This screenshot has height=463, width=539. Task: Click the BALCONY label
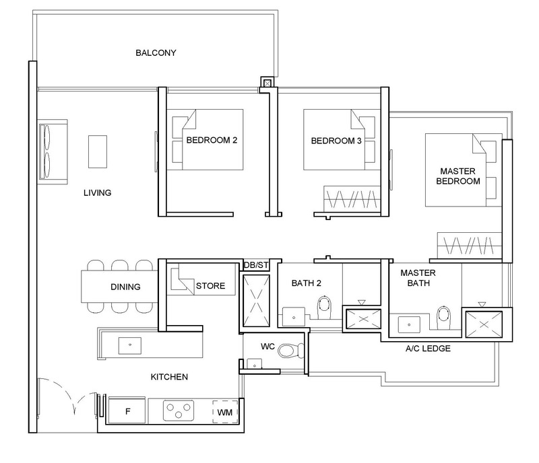[x=156, y=53]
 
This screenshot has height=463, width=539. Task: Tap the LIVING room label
[x=97, y=192]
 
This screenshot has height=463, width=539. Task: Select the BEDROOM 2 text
[x=212, y=140]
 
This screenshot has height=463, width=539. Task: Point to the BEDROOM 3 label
[x=336, y=141]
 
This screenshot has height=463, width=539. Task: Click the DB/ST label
[x=256, y=265]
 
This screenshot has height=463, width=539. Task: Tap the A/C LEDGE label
[x=428, y=349]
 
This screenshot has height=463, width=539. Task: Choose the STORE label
[x=210, y=286]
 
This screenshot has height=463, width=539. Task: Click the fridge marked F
[x=127, y=411]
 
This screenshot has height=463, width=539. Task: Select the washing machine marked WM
[x=225, y=412]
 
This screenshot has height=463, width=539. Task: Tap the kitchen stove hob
[x=179, y=410]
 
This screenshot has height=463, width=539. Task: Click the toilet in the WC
[x=291, y=351]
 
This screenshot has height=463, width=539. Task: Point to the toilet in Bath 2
[x=324, y=307]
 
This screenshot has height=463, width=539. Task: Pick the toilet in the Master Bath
[x=443, y=318]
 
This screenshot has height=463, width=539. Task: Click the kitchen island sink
[x=130, y=345]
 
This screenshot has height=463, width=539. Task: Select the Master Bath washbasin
[x=409, y=324]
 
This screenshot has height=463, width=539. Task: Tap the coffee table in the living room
[x=98, y=151]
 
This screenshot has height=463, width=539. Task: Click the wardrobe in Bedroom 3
[x=352, y=199]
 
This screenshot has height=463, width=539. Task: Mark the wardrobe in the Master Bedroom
[x=470, y=245]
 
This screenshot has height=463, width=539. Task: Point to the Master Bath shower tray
[x=484, y=324]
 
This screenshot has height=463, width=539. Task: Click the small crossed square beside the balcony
[x=267, y=83]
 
